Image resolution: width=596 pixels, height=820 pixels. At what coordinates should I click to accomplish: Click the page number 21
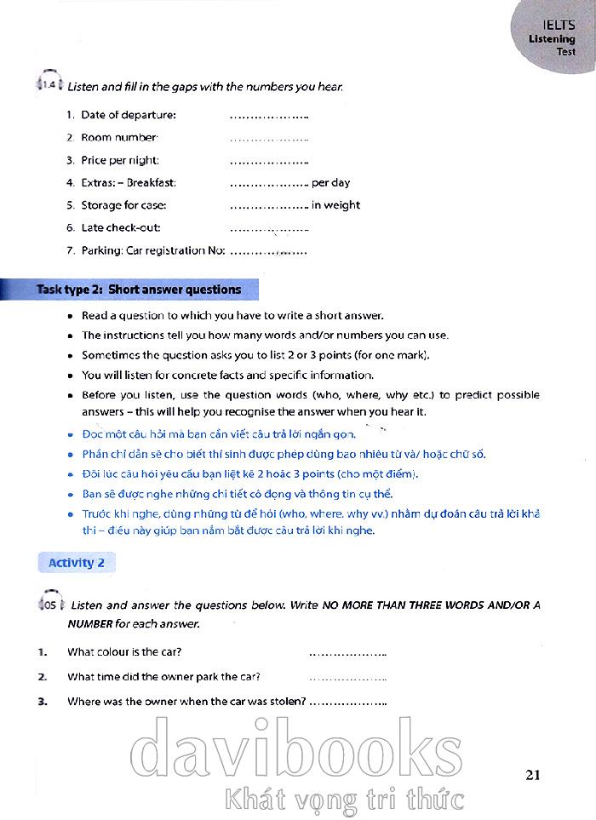[x=534, y=774]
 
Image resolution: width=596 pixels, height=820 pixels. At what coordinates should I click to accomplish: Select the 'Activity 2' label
[x=77, y=562]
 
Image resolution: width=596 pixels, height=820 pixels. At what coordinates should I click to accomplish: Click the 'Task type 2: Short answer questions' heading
[x=139, y=290]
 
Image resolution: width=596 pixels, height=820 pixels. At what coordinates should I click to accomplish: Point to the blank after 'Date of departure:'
[x=269, y=115]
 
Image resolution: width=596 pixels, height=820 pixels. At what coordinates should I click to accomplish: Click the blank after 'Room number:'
[x=269, y=138]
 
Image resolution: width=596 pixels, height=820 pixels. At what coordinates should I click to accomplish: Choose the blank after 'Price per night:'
[x=269, y=160]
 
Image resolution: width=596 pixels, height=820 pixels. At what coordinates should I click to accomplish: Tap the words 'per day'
[x=331, y=182]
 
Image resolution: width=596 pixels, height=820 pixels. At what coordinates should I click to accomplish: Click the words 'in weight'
[x=335, y=205]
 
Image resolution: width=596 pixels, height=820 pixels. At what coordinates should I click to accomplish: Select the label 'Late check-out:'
[x=121, y=227]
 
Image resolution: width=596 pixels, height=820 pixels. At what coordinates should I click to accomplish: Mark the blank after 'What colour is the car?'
[x=347, y=653]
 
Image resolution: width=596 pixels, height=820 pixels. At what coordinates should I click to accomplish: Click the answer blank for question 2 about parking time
[x=347, y=678]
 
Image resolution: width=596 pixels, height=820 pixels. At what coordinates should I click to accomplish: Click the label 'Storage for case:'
[x=123, y=205]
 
